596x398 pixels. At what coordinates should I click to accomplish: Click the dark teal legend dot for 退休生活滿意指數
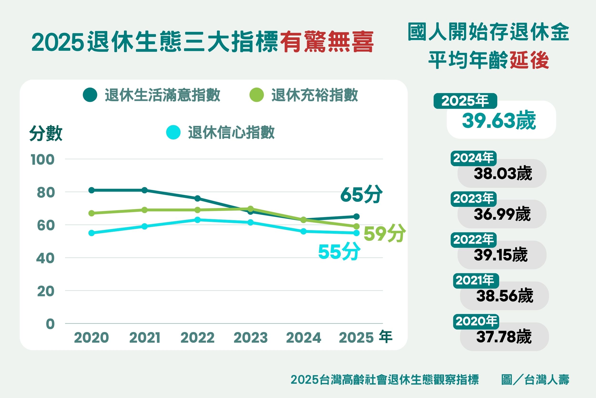pos(90,95)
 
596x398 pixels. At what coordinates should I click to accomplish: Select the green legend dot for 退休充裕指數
pos(257,95)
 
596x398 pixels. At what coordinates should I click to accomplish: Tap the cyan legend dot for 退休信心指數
pos(173,132)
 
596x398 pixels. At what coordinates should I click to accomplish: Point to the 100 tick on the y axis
pos(42,160)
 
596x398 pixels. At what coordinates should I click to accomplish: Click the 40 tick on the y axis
pos(45,258)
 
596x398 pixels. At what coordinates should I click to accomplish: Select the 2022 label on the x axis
pos(197,338)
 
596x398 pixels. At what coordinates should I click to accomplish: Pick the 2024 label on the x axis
pos(303,338)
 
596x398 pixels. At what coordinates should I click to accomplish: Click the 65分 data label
pos(361,194)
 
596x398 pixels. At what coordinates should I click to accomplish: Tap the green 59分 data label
pos(384,233)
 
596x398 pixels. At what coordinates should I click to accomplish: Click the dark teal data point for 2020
pos(92,190)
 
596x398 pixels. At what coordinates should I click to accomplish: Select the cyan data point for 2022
pos(197,220)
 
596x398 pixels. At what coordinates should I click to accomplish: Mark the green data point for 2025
pos(356,226)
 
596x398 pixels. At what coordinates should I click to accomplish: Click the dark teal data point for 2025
pos(356,217)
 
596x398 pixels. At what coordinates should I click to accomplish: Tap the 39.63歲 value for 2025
pos(499,121)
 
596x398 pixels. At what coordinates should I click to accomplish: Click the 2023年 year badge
pos(473,199)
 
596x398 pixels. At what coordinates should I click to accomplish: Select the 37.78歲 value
pos(504,337)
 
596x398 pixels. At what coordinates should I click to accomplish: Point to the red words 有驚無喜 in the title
pos(327,42)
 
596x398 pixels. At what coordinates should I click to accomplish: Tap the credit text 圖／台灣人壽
pos(535,380)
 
